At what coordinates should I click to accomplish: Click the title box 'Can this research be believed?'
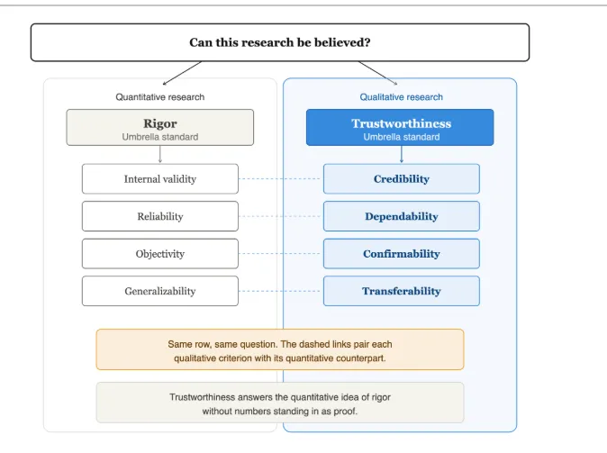coord(280,42)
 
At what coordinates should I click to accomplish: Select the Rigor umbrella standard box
coord(160,127)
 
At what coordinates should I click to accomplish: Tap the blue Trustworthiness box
coord(400,127)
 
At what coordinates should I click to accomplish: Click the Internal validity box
coord(160,179)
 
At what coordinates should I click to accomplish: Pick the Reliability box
coord(160,216)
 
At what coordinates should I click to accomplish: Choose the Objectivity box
coord(160,254)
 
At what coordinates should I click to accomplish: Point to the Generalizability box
coord(160,291)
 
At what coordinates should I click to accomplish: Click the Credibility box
coord(402,179)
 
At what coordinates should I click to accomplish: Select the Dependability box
coord(402,216)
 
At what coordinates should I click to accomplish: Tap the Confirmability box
coord(402,254)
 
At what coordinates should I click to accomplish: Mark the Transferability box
coord(402,291)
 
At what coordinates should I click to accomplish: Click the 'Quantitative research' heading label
coord(160,96)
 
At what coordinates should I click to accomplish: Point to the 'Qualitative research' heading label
coord(402,96)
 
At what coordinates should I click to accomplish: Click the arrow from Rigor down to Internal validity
coord(160,155)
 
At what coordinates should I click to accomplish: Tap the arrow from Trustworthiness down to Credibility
coord(402,155)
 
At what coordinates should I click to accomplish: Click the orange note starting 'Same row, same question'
coord(280,349)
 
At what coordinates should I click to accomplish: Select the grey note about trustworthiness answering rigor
coord(280,403)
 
